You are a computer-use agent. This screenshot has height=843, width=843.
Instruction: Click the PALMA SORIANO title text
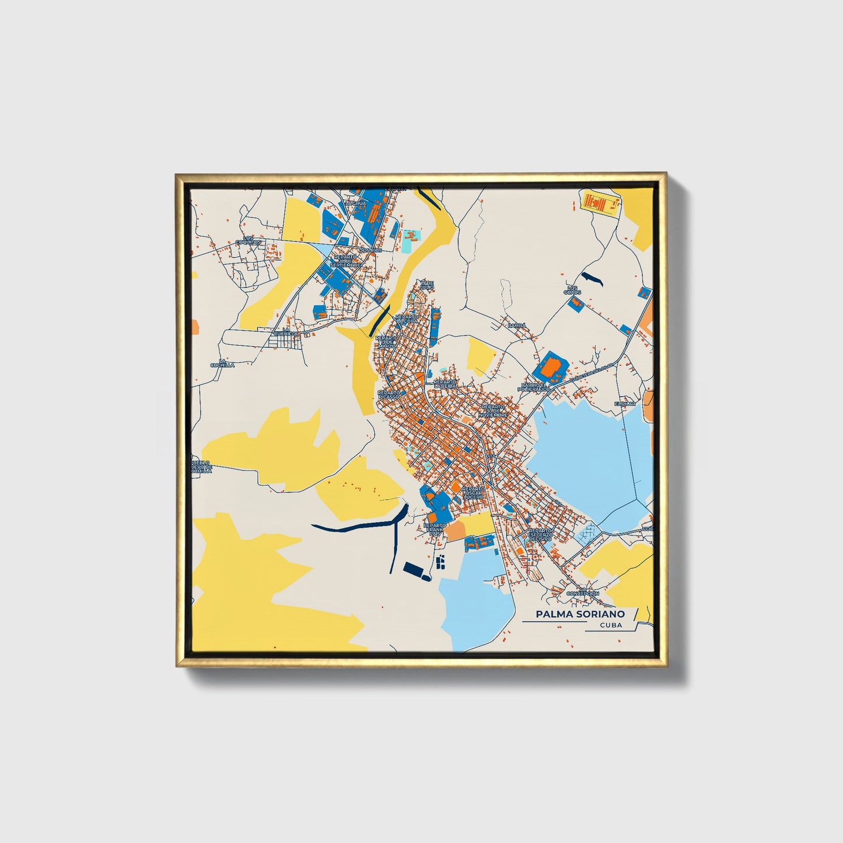tap(580, 614)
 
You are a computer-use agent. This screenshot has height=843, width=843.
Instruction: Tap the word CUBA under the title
tap(610, 625)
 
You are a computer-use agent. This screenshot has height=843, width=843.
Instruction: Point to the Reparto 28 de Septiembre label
tap(346, 261)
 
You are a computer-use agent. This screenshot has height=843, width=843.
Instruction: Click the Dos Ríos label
tap(370, 250)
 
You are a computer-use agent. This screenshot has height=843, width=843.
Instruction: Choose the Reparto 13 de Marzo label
tap(386, 342)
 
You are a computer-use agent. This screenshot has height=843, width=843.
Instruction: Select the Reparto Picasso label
tap(389, 395)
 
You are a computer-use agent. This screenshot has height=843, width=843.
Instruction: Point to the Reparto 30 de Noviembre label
tap(494, 410)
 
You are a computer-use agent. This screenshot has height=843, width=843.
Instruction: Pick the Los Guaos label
tap(573, 289)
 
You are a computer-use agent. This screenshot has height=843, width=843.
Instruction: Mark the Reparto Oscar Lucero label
tap(473, 493)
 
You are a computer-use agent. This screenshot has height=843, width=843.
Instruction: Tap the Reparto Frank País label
tap(435, 529)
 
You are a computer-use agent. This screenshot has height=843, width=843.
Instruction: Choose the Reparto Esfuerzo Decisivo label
tap(540, 534)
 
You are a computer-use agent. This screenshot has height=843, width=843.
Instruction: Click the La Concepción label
tap(582, 591)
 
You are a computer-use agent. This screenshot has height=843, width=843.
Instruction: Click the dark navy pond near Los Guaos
tap(590, 278)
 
